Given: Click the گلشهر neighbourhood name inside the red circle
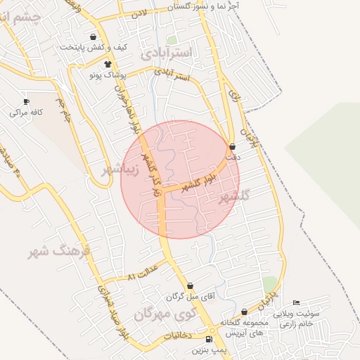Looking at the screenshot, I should click(x=235, y=196).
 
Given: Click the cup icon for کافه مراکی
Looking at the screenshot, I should click(x=27, y=102).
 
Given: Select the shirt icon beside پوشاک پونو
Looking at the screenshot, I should click(x=107, y=64).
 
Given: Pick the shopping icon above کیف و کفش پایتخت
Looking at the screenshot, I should click(x=94, y=37).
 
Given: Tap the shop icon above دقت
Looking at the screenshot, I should click(x=233, y=147).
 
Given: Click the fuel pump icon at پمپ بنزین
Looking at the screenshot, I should click(x=209, y=340).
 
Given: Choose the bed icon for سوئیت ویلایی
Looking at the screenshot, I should click(x=295, y=303).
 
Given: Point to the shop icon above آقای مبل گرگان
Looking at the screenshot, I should click(x=188, y=285).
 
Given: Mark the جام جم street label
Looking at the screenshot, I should click(x=65, y=109).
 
